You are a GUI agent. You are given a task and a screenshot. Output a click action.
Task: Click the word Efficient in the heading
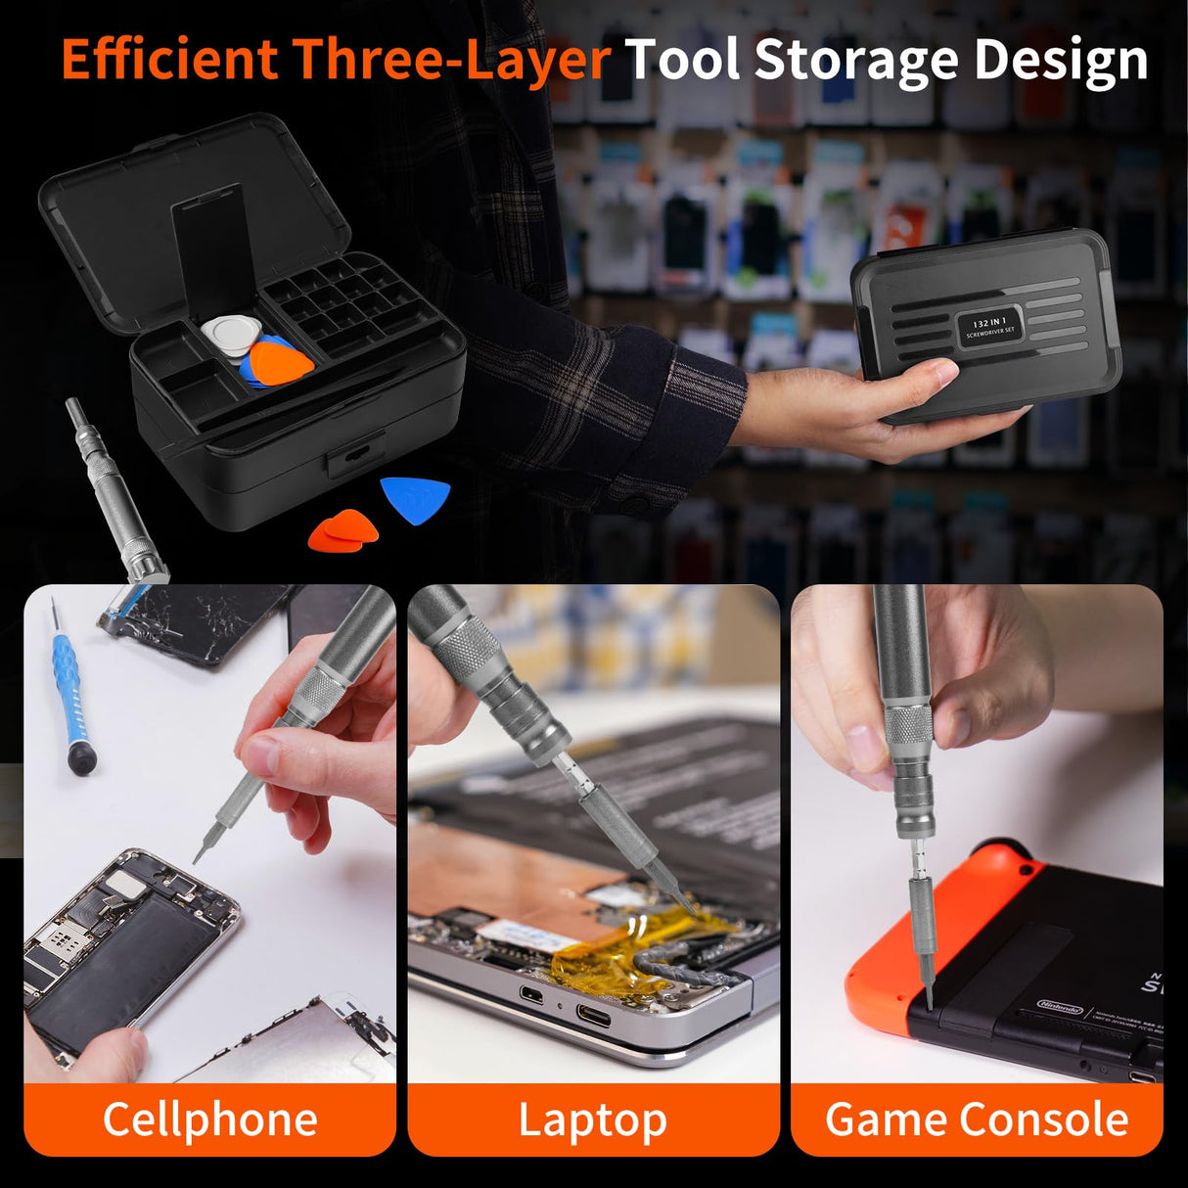(169, 61)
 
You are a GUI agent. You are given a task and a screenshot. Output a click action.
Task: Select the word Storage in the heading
(855, 61)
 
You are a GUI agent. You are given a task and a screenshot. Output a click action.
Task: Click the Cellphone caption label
(209, 1119)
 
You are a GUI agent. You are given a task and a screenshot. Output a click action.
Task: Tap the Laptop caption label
(592, 1119)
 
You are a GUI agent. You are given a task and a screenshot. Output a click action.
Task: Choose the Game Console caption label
(977, 1119)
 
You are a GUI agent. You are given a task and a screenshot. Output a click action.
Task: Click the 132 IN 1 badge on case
(989, 326)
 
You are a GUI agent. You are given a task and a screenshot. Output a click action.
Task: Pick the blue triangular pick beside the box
(416, 497)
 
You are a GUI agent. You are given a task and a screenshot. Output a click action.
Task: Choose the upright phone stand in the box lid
(208, 245)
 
